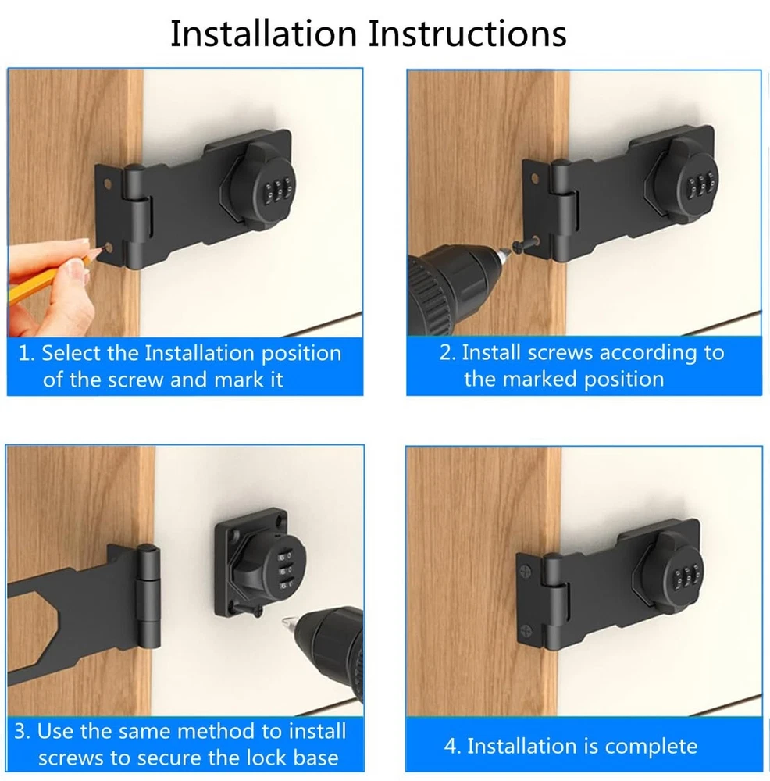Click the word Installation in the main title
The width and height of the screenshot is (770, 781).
263,34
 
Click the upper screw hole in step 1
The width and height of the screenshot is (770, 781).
108,184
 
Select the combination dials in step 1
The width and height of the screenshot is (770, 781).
277,190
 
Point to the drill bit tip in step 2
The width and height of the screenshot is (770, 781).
508,252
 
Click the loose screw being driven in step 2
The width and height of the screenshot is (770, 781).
526,244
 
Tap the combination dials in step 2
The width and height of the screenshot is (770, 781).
700,185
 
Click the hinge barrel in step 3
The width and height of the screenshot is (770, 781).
148,596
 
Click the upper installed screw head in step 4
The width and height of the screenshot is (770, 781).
526,571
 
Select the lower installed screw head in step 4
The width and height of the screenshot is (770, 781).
526,631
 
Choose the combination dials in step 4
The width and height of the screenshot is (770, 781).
686,579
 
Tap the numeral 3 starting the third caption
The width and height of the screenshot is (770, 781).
20,732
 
